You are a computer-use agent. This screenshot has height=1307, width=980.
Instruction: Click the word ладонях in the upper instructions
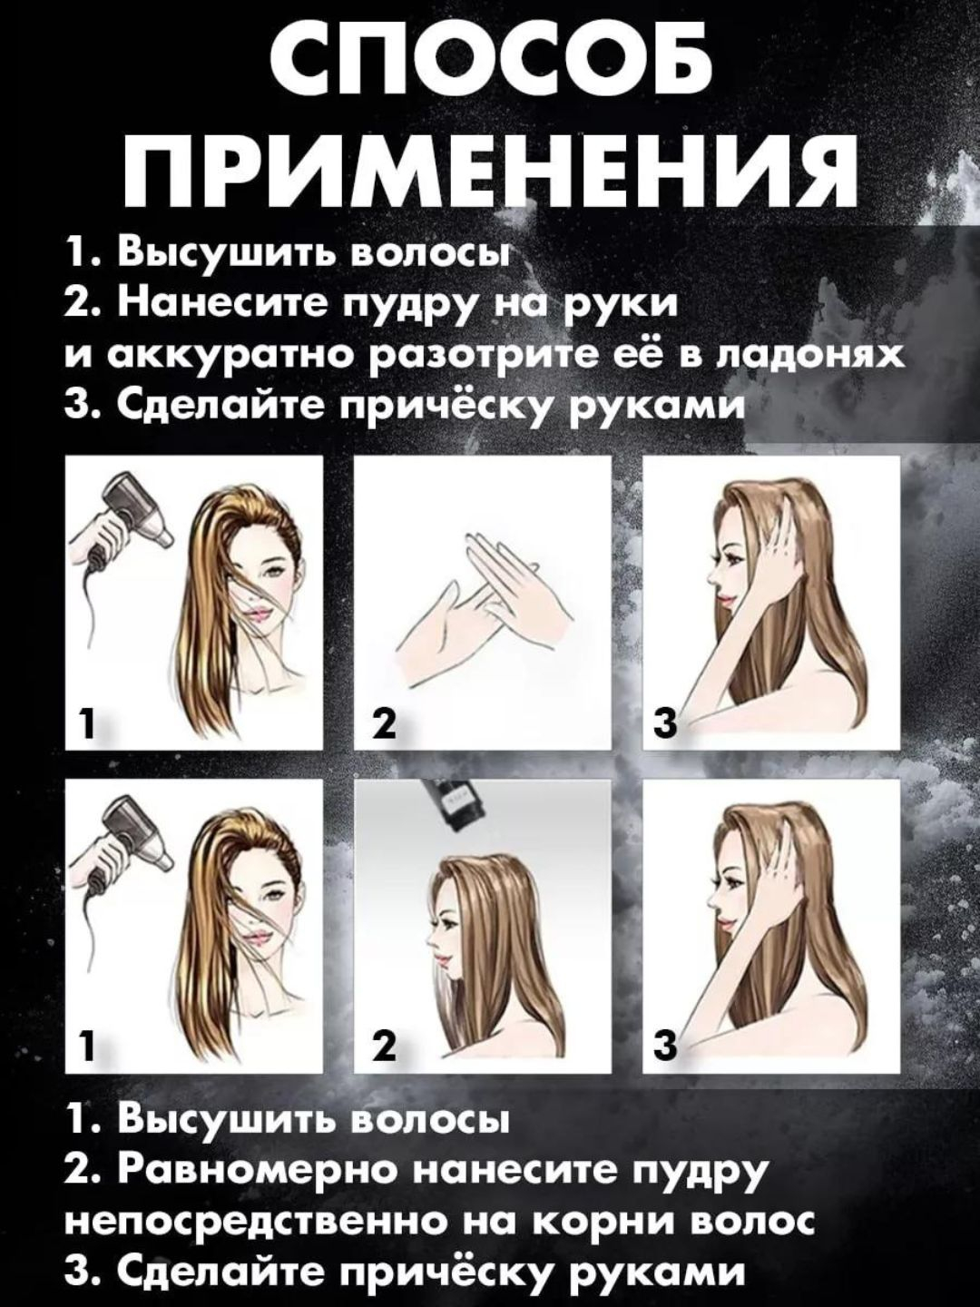tap(811, 358)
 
